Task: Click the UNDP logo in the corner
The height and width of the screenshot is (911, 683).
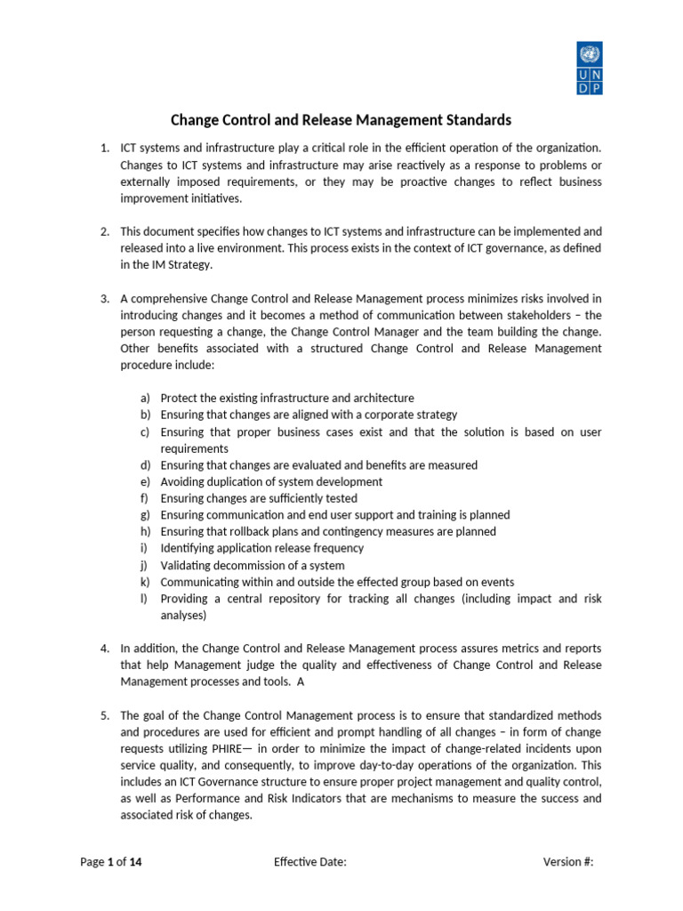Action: (589, 68)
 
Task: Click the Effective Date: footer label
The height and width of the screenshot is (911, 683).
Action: (309, 862)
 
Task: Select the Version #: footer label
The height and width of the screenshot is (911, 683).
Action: (567, 862)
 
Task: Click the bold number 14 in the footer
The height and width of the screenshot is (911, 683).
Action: (135, 862)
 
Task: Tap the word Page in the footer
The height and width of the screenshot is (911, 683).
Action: (92, 862)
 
